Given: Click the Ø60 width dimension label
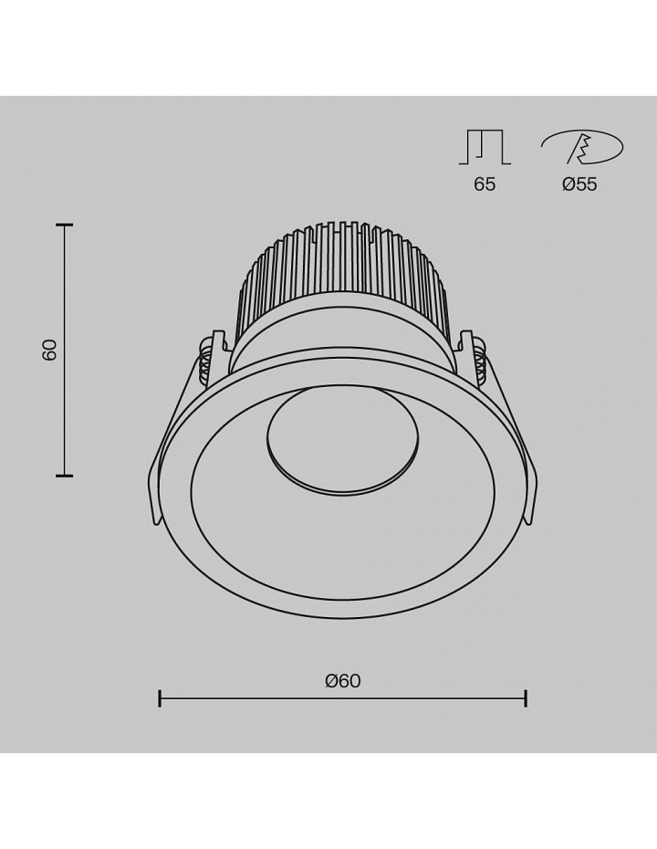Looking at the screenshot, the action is [342, 681].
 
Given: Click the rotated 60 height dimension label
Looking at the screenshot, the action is [50, 351].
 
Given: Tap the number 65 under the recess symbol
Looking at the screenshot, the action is [485, 184].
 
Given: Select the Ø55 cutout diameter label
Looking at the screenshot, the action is [579, 184].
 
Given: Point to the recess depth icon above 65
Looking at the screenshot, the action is [485, 147].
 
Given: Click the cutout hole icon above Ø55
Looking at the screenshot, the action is [582, 147].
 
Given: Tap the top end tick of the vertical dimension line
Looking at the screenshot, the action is [65, 225].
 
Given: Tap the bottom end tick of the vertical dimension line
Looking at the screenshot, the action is [65, 476].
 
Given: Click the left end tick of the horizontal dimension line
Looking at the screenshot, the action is [160, 698].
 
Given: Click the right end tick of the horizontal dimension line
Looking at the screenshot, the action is [526, 698].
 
